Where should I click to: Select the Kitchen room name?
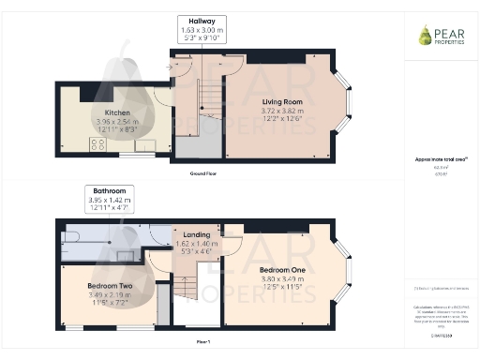tap(117, 113)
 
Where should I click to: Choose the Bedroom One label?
tap(286, 270)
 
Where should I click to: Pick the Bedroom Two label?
tap(110, 285)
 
